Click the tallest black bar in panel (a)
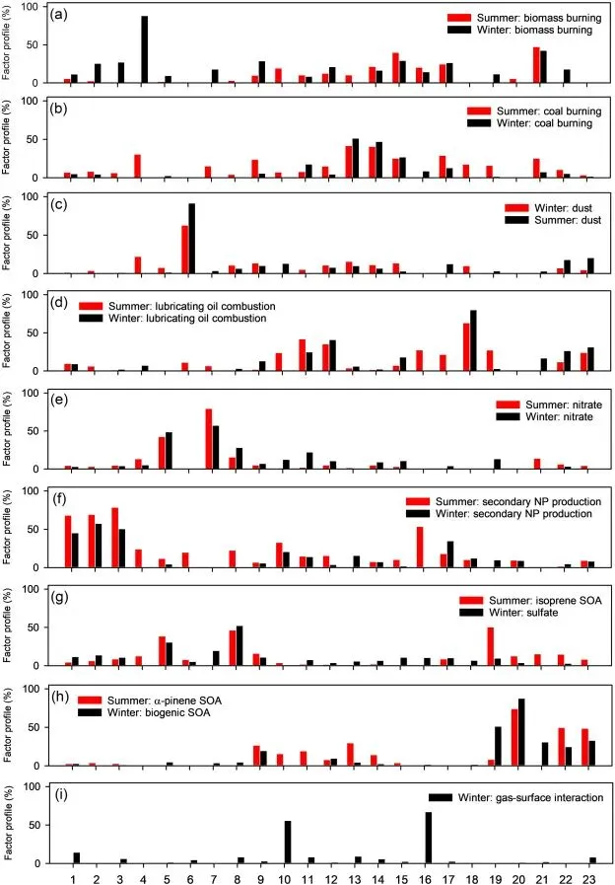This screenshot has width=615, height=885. point(144,49)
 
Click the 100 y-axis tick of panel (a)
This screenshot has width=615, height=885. point(31,7)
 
